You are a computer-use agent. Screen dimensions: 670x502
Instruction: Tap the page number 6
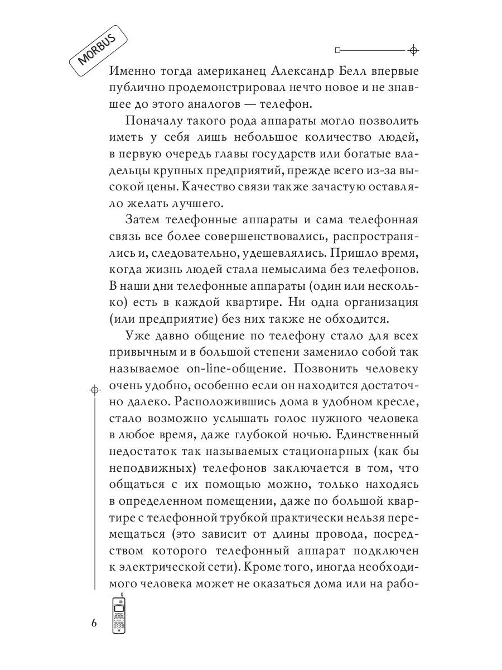click(x=94, y=623)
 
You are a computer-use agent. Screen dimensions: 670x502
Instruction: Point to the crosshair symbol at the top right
click(x=413, y=50)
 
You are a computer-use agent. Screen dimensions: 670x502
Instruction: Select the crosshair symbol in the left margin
click(x=95, y=388)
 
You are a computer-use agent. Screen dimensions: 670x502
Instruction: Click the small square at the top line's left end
click(x=337, y=50)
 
